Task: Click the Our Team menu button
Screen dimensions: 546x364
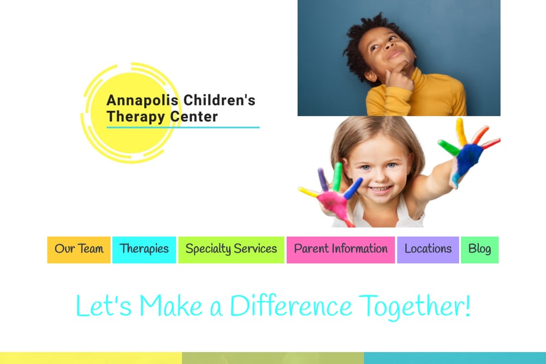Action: (79, 250)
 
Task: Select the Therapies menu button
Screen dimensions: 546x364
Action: (144, 250)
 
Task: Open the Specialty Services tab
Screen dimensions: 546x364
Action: (231, 250)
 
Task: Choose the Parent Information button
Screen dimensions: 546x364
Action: (341, 250)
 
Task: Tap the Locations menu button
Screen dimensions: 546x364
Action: (428, 250)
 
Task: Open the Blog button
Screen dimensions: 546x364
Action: (479, 250)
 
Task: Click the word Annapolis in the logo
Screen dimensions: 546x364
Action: (143, 100)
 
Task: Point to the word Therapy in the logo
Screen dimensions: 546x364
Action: (136, 117)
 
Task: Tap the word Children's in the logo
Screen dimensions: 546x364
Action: (219, 100)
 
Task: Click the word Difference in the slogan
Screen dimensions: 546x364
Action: (291, 306)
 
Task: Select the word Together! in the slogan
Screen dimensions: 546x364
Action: (414, 307)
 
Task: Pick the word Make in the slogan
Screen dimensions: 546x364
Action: (171, 306)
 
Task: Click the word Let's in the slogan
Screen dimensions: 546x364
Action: (104, 306)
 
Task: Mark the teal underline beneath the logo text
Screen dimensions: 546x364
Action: (183, 127)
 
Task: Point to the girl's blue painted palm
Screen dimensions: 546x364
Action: (468, 159)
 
